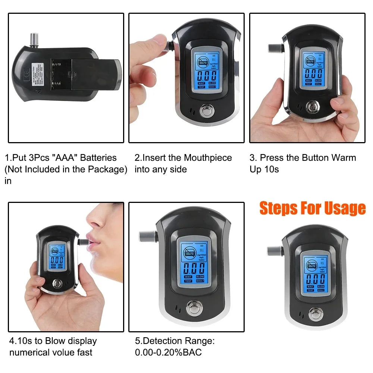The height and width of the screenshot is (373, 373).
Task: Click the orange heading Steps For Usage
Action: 313,208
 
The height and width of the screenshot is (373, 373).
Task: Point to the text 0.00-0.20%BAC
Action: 168,352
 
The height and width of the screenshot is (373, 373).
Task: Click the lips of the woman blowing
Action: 92,239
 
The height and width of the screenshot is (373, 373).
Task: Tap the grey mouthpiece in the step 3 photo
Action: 275,49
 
